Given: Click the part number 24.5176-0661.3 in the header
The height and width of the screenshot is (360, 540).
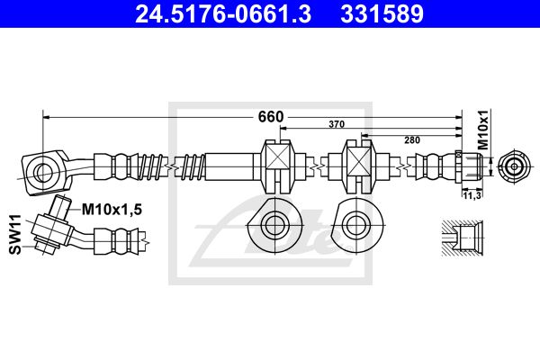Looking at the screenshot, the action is tap(223, 13).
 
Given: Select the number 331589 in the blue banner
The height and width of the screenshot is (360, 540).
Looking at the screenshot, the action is tap(382, 13).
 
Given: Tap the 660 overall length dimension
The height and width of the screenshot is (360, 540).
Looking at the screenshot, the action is tap(271, 117).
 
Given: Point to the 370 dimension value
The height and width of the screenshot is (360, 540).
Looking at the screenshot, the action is tap(337, 124).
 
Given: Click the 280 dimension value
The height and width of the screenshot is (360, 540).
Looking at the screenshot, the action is tap(412, 139).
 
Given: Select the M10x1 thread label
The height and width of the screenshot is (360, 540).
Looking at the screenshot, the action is tap(483, 130).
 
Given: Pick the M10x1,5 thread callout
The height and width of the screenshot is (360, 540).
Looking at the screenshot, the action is tap(112, 209).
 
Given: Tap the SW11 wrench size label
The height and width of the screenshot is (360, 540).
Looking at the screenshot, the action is tap(15, 234).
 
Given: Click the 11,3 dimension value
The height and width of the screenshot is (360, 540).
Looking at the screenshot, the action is tap(472, 195).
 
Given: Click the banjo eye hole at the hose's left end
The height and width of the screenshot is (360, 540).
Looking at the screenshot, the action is tap(43, 170).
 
